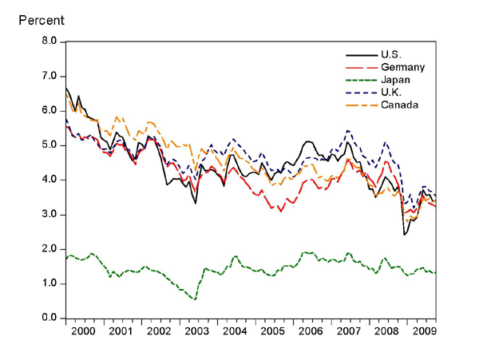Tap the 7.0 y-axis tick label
point(49,76)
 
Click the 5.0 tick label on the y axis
point(49,145)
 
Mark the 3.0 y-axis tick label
point(49,215)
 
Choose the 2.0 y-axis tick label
point(49,249)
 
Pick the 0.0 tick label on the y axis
point(49,318)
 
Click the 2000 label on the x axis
point(83,330)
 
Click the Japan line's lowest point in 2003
point(195,299)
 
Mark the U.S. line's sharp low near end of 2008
point(405,235)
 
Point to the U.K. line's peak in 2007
point(348,130)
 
